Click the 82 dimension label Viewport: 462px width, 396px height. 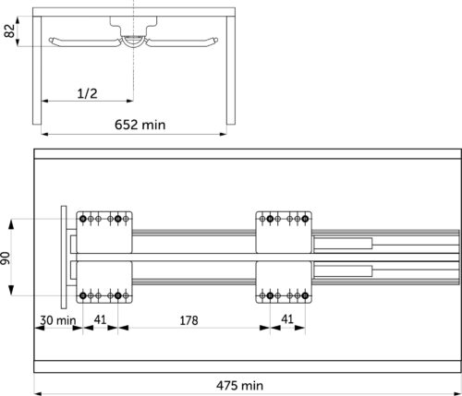[10, 30]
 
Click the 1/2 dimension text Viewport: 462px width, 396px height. [87, 93]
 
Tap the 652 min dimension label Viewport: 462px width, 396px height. [140, 125]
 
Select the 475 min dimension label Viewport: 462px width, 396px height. [239, 385]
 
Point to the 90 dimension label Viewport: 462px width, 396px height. [6, 258]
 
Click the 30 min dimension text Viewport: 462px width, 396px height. [58, 320]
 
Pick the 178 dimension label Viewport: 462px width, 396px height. [188, 320]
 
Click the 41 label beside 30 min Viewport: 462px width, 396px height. [100, 319]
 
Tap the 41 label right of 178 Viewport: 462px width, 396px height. [287, 319]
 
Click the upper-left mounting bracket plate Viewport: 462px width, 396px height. [104, 233]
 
